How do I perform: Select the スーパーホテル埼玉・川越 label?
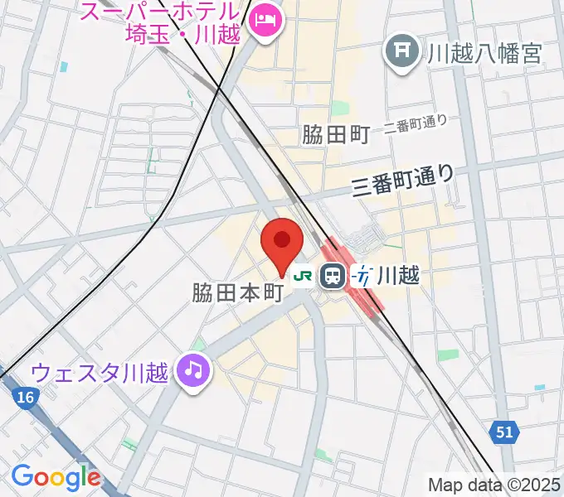point(162,25)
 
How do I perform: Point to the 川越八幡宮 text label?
point(484,54)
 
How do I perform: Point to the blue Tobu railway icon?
point(362,276)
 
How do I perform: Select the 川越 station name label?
point(398,276)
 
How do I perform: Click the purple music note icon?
point(195,369)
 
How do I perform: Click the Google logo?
point(56,476)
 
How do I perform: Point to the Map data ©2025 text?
point(494,485)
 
